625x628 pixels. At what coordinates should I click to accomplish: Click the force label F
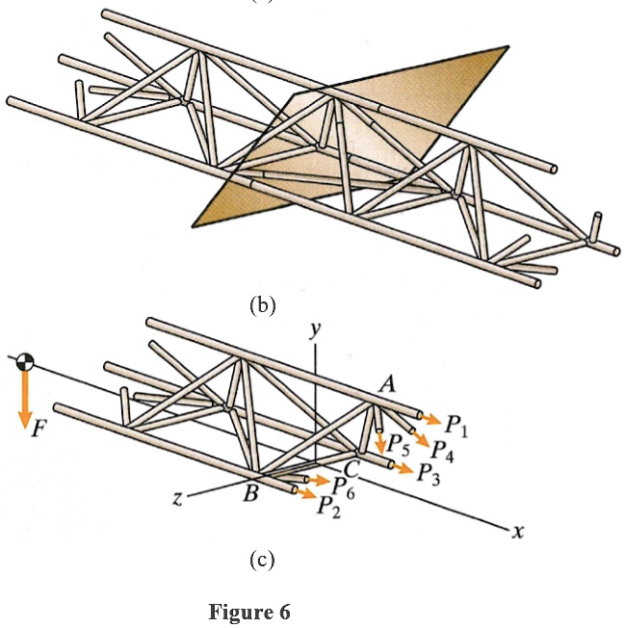[39, 430]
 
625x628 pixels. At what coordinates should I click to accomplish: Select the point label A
[389, 383]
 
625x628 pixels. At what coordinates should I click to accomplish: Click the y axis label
[314, 330]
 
